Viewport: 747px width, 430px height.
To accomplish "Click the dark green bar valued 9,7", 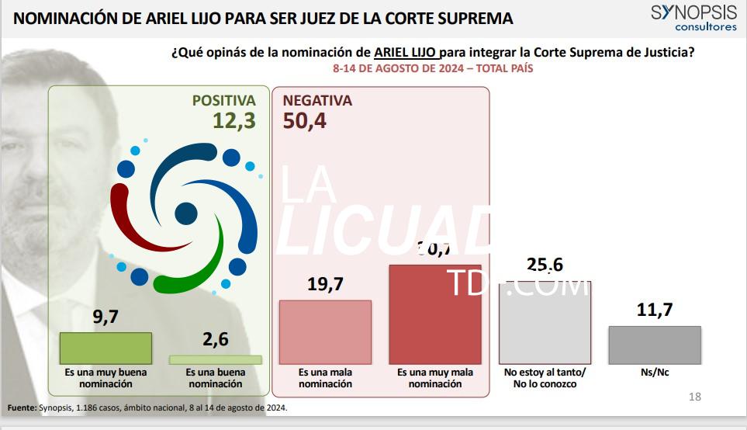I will (105, 349).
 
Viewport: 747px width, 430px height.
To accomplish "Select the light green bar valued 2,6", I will (216, 359).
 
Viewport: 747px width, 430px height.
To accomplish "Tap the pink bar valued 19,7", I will (324, 332).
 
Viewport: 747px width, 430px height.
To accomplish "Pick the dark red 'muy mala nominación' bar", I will (434, 314).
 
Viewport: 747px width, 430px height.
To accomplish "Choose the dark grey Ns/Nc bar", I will (655, 345).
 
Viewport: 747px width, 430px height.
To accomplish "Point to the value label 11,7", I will (655, 310).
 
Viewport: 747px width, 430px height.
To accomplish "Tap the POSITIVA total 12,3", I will (234, 120).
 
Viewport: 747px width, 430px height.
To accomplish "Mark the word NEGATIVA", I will (317, 101).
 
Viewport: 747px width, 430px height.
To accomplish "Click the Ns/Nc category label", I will (655, 373).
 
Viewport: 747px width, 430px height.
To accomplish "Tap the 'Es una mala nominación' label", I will (325, 378).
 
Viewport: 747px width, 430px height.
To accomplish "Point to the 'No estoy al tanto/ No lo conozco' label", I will (545, 378).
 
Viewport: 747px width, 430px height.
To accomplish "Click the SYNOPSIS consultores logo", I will (693, 18).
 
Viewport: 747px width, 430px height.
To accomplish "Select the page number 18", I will (694, 397).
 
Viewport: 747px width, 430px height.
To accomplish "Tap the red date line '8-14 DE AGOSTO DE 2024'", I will (432, 68).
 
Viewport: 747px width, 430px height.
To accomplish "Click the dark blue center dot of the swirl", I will (186, 213).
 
